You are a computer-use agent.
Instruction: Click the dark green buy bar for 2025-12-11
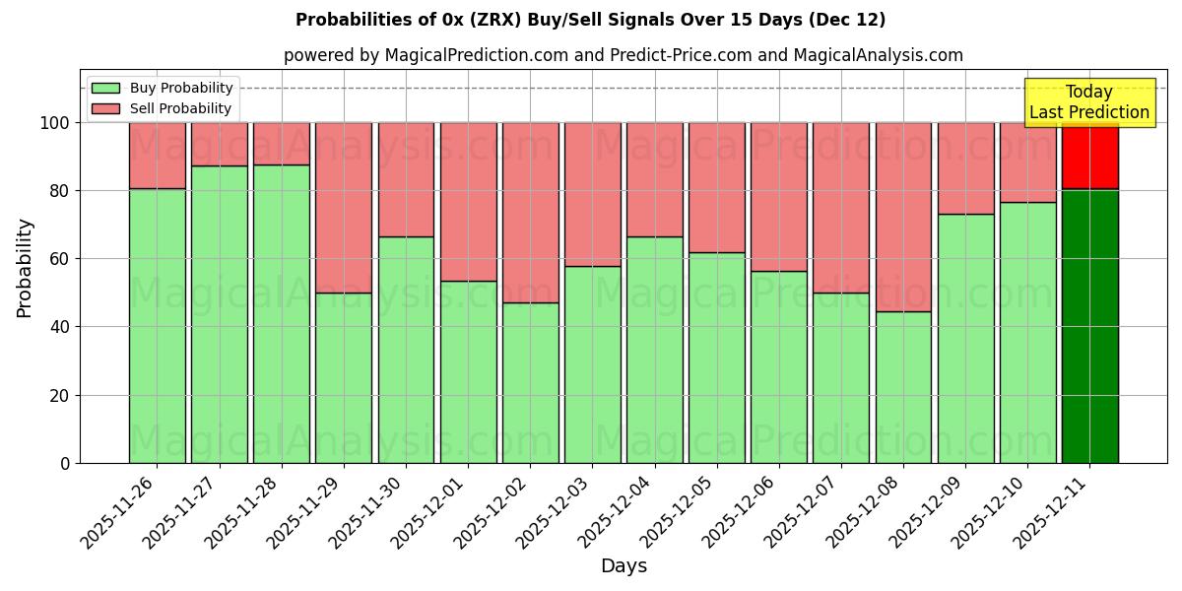(x=1089, y=325)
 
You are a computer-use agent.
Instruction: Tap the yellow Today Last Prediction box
(x=1089, y=102)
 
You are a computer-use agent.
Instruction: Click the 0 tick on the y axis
(x=65, y=463)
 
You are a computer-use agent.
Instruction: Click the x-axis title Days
(x=624, y=566)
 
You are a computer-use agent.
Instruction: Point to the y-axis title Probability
(x=25, y=268)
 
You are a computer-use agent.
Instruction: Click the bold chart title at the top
(x=590, y=20)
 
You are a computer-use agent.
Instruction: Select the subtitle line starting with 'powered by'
(x=623, y=55)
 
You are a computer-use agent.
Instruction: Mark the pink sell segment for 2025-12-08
(x=903, y=217)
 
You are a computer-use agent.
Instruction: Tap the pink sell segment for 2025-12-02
(x=530, y=212)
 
